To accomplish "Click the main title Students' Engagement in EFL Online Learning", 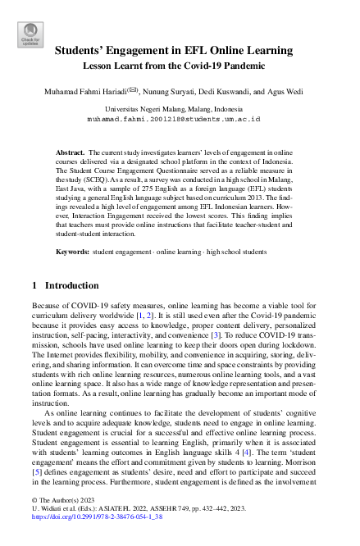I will pyautogui.click(x=180, y=50).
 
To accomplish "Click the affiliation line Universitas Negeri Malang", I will pyautogui.click(x=180, y=108).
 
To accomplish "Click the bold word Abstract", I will pyautogui.click(x=70, y=152).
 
